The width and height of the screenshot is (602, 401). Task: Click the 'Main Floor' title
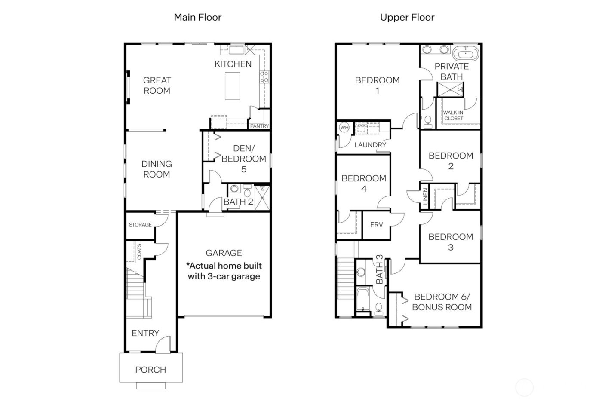(197, 18)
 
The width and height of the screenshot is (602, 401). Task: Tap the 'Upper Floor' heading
(407, 18)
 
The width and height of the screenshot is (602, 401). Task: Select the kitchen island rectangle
(233, 86)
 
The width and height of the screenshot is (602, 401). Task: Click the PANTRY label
(259, 126)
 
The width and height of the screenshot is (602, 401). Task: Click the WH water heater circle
(344, 128)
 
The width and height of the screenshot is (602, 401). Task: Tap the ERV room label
(376, 225)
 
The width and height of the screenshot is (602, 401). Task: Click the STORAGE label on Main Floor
(140, 225)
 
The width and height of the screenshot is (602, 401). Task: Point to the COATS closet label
(139, 252)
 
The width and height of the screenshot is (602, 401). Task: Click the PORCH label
(150, 370)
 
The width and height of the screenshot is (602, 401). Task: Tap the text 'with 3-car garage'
(224, 276)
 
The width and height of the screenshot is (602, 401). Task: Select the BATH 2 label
(238, 202)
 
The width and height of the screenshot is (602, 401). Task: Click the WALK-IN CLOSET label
(453, 116)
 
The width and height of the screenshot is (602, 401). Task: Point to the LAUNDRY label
(370, 145)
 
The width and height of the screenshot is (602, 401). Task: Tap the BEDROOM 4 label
(364, 183)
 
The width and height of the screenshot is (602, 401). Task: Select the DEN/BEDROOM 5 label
(244, 159)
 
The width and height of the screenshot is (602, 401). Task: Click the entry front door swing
(162, 344)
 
